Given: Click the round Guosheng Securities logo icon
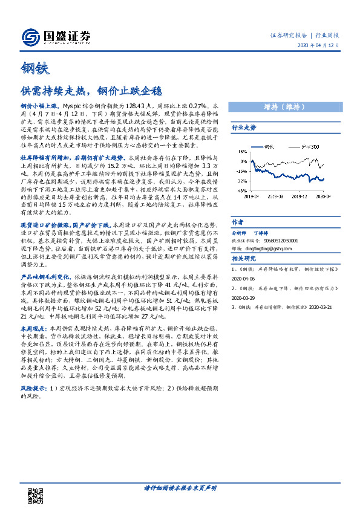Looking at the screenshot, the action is [29, 37].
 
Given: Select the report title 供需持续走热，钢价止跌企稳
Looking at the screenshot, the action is [92, 91].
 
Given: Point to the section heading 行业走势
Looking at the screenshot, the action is [244, 128].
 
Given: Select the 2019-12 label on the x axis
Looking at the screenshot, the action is [298, 196].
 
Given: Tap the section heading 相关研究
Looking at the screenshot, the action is [244, 258].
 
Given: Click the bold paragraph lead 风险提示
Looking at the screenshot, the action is [33, 387].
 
